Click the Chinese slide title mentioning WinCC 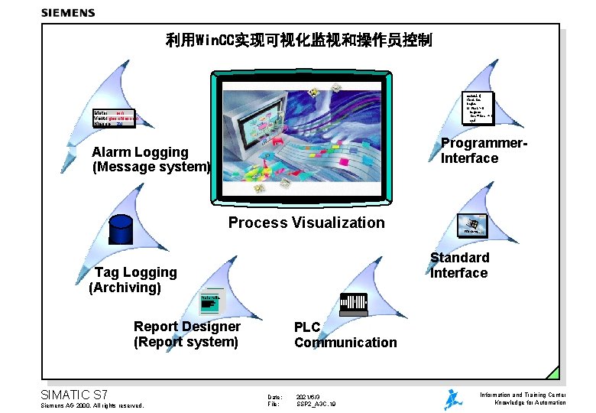[x=299, y=40]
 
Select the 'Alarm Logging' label [x=140, y=152]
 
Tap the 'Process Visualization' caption [x=306, y=223]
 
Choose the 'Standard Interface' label [x=459, y=265]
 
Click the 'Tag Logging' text [x=135, y=272]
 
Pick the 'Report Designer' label [x=186, y=327]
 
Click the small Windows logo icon [x=473, y=224]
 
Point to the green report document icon [x=209, y=303]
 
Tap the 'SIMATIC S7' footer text [x=73, y=395]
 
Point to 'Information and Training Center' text [x=523, y=395]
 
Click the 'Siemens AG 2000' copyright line [x=91, y=405]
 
